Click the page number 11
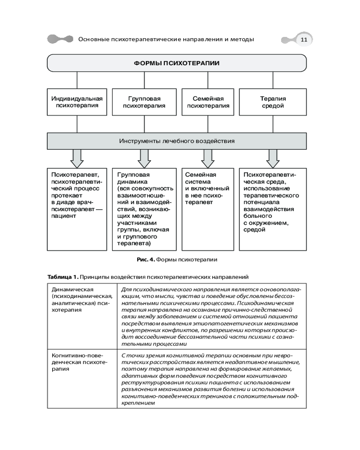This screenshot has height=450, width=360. [x=304, y=40]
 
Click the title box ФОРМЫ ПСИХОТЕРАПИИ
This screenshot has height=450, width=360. [x=176, y=63]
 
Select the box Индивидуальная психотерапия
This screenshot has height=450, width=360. [x=77, y=102]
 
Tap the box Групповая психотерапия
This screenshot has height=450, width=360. [x=144, y=102]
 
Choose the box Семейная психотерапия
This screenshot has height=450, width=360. [x=208, y=102]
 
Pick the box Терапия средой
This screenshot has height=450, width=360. [x=273, y=102]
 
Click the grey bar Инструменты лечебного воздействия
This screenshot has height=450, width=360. [x=177, y=141]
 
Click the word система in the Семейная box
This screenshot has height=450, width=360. [x=196, y=181]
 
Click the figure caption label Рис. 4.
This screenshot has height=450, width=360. [x=146, y=259]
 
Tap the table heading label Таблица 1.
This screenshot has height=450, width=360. [x=63, y=277]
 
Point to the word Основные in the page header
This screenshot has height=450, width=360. [x=93, y=40]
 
